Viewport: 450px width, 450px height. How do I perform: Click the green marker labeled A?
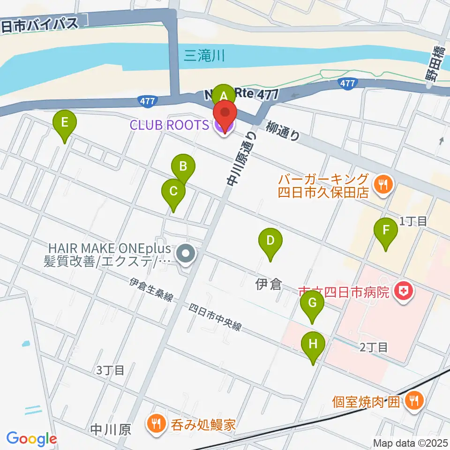pos(224,96)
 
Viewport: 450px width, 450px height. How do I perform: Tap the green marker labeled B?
pos(183,166)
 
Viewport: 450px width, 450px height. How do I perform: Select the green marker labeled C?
pos(173,192)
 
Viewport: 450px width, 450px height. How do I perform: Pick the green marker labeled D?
pos(270,241)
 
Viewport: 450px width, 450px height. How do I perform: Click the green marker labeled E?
pos(65,123)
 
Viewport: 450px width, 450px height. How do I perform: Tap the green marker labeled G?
pos(312,304)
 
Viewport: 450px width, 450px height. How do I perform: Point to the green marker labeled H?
pos(314,345)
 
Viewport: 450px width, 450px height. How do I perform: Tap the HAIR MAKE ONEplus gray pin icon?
pos(186,255)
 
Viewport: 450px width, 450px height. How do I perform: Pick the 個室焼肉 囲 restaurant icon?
pos(414,400)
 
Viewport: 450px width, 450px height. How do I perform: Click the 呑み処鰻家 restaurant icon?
pos(155,425)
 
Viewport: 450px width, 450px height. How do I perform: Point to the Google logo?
pos(31,438)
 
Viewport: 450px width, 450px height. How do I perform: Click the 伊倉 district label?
pos(269,284)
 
